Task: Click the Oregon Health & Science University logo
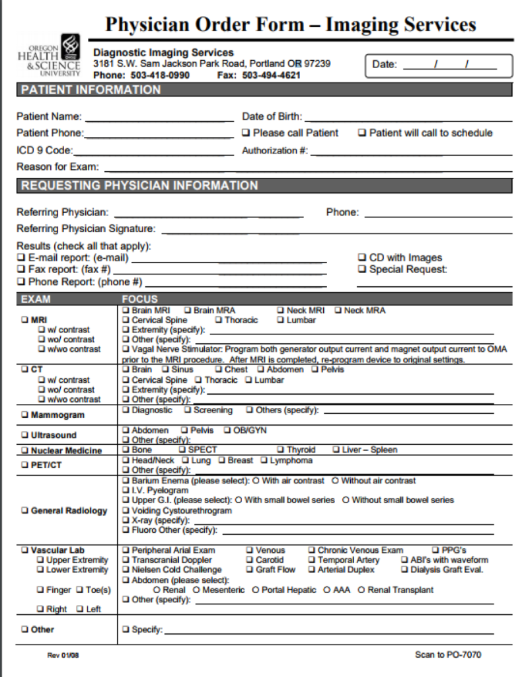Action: click(48, 58)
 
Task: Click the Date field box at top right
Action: click(438, 65)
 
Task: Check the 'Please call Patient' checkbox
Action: click(246, 133)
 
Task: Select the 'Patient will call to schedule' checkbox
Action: click(362, 133)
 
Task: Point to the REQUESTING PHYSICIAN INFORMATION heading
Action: click(139, 186)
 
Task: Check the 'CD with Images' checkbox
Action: click(362, 258)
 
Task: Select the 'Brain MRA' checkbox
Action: click(188, 310)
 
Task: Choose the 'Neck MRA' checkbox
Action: click(338, 310)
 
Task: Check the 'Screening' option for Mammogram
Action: click(188, 411)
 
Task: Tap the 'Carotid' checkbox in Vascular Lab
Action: click(250, 560)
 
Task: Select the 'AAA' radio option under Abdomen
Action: click(327, 590)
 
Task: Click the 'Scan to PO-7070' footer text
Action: click(447, 655)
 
